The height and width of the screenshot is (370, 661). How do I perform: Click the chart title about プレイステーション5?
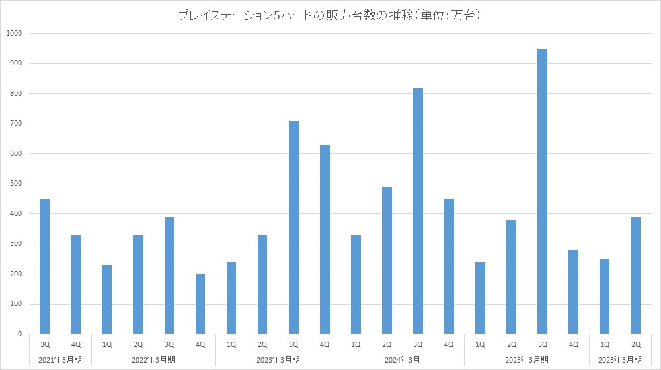(x=329, y=15)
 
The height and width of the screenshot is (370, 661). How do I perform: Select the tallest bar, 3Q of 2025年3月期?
(x=542, y=192)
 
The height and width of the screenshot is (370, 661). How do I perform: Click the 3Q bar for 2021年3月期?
(x=44, y=266)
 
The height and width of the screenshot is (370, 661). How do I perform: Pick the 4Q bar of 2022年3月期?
(x=200, y=304)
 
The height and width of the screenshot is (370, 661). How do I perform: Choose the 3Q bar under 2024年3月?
(x=418, y=211)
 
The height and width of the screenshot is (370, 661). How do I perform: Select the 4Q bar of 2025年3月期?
(x=573, y=291)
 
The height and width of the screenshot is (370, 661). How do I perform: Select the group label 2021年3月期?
(x=60, y=359)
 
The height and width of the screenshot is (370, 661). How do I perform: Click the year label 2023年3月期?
(x=278, y=359)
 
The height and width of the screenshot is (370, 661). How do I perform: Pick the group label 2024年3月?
(x=402, y=359)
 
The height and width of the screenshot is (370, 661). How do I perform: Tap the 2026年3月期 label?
(x=620, y=359)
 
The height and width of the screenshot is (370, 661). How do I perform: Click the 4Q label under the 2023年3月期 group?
(x=325, y=344)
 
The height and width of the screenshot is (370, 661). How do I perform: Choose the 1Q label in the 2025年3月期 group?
(x=480, y=344)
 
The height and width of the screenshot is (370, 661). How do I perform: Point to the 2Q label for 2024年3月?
(x=387, y=344)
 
